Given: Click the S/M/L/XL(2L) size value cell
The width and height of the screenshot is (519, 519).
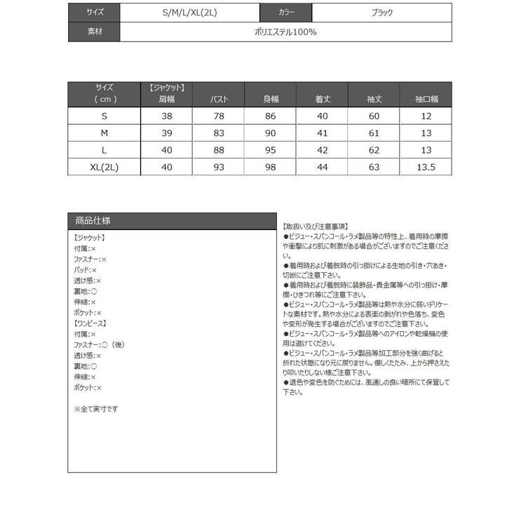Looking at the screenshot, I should (x=189, y=13).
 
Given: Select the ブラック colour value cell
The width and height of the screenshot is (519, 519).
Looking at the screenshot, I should (x=382, y=13).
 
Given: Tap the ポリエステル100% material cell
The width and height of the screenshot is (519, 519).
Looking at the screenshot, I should (x=286, y=32).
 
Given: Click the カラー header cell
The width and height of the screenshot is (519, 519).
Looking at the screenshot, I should (x=286, y=13).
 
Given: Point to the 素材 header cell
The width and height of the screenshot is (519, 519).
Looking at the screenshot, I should (x=95, y=32).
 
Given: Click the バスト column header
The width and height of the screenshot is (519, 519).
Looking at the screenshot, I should (x=220, y=100).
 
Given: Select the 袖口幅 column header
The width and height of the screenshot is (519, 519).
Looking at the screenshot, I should (x=426, y=100).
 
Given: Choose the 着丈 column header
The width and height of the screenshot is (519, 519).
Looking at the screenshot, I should (x=323, y=100).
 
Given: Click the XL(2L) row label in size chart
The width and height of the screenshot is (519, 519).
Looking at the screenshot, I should (x=104, y=167).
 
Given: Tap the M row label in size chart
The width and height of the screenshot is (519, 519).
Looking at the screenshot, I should (x=104, y=133).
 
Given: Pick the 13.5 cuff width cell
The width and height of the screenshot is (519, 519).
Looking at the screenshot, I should (x=426, y=167).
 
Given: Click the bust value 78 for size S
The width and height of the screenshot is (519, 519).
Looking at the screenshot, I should (x=220, y=116).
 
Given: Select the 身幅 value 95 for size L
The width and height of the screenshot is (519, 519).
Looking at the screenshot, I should (x=271, y=150).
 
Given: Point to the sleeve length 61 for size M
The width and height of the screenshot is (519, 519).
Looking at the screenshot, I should (x=374, y=133).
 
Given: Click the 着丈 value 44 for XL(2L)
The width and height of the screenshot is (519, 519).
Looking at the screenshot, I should (x=323, y=167).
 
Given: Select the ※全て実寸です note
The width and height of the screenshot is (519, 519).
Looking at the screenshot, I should (x=96, y=408).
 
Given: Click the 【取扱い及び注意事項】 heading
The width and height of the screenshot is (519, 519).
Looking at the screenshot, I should (x=315, y=227).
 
